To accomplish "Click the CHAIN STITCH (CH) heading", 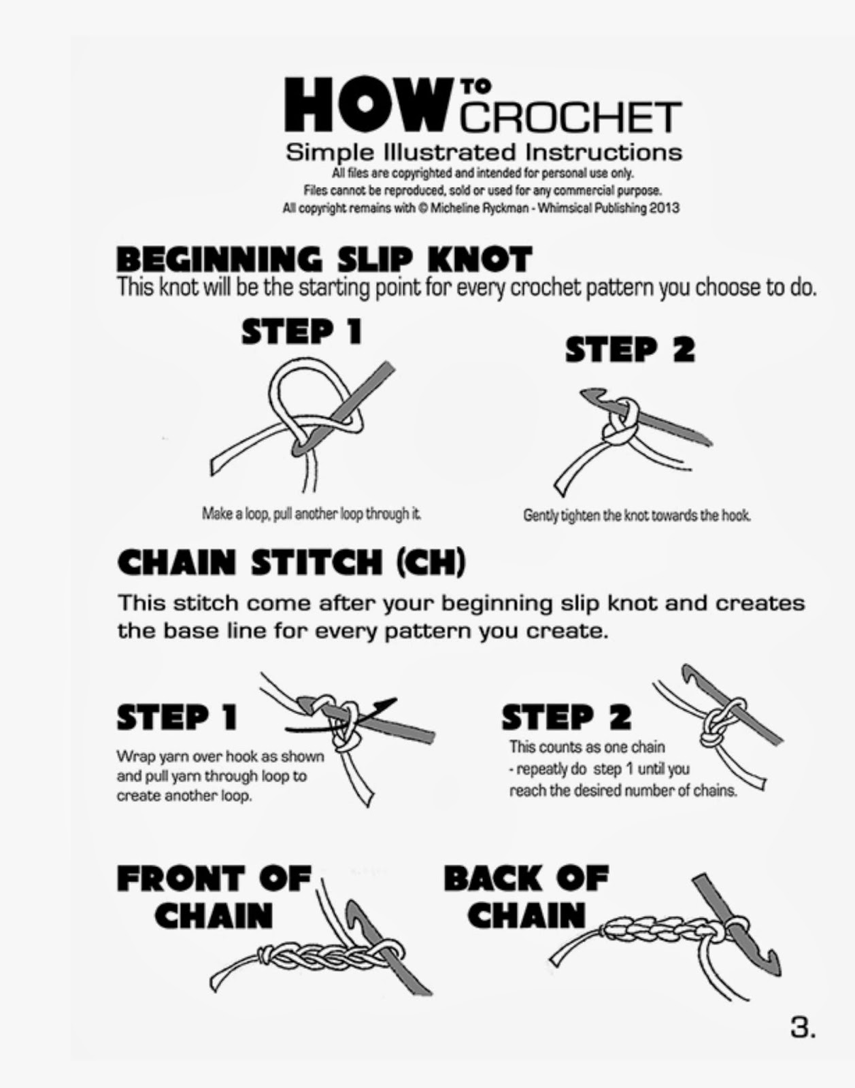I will (292, 563).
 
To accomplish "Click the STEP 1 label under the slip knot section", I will (301, 332).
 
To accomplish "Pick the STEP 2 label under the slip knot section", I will (630, 350).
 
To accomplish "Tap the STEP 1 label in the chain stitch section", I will (178, 717).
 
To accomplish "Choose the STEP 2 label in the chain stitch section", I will (566, 717).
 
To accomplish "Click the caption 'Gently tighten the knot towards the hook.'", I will (637, 515).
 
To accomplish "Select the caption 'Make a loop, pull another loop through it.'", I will (312, 514).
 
